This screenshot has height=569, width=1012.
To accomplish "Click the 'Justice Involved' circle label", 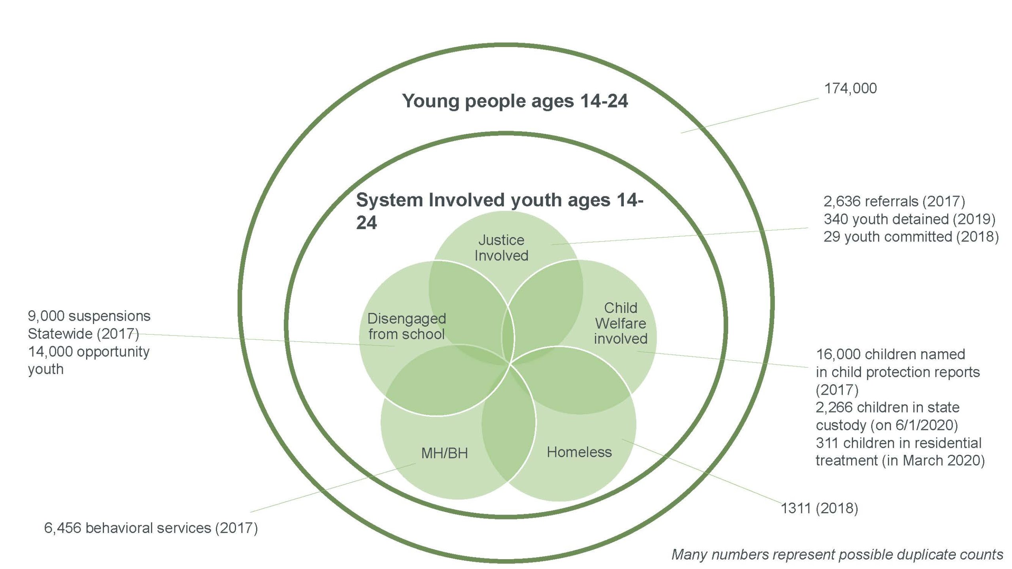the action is (501, 248).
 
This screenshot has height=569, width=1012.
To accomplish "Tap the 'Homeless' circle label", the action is (579, 452).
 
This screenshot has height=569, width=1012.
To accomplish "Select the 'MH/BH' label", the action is (444, 453).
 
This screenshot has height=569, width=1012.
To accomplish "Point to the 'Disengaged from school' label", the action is (406, 326).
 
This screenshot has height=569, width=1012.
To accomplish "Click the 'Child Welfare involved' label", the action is (621, 323).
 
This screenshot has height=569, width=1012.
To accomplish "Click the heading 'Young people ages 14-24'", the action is (515, 101).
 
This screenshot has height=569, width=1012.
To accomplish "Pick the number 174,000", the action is (850, 89).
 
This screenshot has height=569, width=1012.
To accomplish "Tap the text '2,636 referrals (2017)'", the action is (894, 202).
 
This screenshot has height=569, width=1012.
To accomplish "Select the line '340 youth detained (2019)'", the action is (909, 219).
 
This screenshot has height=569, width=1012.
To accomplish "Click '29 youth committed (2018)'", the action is (911, 237).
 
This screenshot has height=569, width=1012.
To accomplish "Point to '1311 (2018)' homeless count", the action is (819, 508).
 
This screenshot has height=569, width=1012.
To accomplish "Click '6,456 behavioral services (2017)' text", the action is (151, 528).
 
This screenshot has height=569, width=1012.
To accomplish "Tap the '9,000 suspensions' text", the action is (89, 316).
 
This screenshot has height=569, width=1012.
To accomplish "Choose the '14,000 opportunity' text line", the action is (89, 352).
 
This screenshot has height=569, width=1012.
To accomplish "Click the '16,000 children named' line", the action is (891, 354).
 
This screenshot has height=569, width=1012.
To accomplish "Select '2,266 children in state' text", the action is (887, 407).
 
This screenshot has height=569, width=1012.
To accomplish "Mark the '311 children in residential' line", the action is (899, 443).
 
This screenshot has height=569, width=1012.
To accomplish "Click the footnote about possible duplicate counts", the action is (837, 554).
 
